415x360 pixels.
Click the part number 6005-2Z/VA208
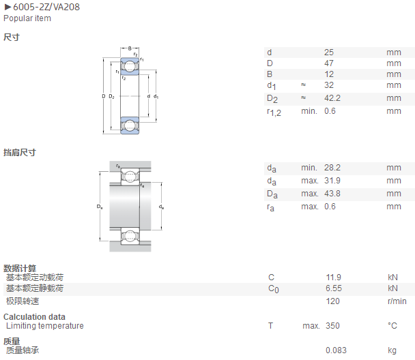pyautogui.click(x=46, y=7)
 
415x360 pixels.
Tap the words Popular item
pyautogui.click(x=27, y=18)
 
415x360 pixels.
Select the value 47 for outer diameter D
pyautogui.click(x=329, y=63)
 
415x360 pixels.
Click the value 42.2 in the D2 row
pyautogui.click(x=332, y=98)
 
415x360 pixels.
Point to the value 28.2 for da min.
pyautogui.click(x=332, y=168)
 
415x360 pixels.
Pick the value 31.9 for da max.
pyautogui.click(x=332, y=181)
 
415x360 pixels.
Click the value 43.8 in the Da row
pyautogui.click(x=332, y=194)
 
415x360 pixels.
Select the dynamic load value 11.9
pyautogui.click(x=334, y=277)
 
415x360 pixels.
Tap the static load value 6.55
pyautogui.click(x=334, y=288)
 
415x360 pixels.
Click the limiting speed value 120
pyautogui.click(x=332, y=301)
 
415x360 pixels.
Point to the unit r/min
pyautogui.click(x=397, y=301)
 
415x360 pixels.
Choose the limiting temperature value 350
pyautogui.click(x=332, y=326)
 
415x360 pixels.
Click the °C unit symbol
pyautogui.click(x=392, y=326)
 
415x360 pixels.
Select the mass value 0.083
pyautogui.click(x=336, y=350)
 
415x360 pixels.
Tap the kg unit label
pyautogui.click(x=392, y=350)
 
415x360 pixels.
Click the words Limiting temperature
pyautogui.click(x=45, y=326)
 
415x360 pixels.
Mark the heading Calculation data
pyautogui.click(x=34, y=316)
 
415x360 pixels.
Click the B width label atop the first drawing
pyautogui.click(x=130, y=48)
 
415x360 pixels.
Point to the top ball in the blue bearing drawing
pyautogui.click(x=130, y=66)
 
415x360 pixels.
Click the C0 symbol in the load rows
pyautogui.click(x=274, y=288)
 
